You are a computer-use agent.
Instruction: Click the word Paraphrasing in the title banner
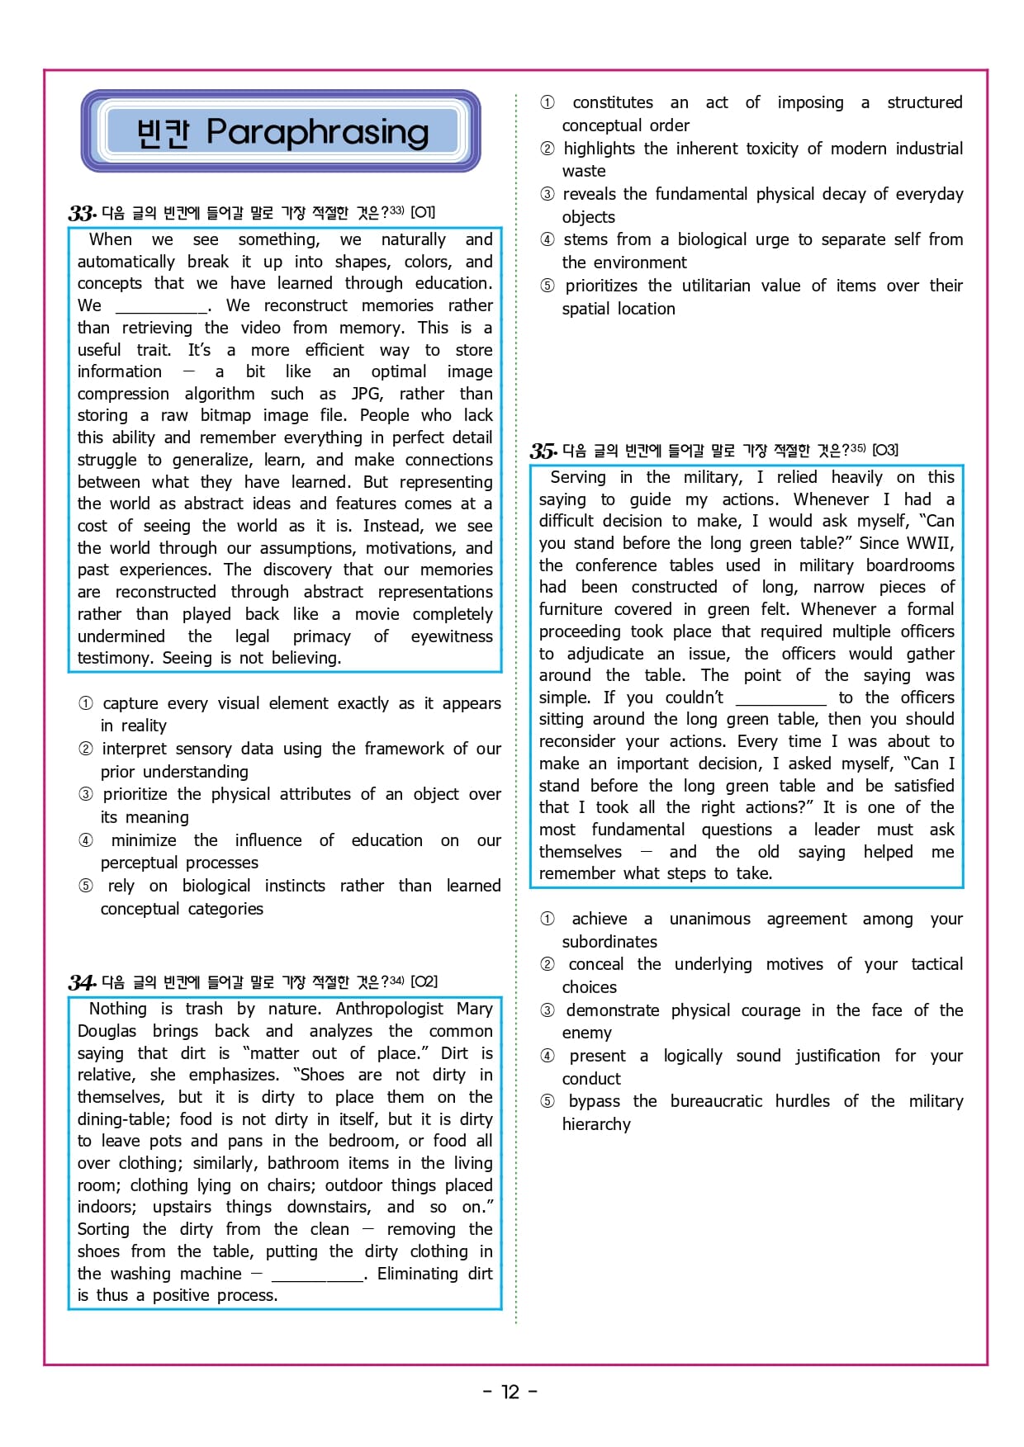click(x=317, y=132)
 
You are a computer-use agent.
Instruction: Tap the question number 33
click(x=81, y=213)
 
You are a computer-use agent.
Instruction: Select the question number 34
click(x=81, y=982)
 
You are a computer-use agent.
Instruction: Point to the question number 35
click(x=543, y=451)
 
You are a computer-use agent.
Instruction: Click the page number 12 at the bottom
click(x=510, y=1392)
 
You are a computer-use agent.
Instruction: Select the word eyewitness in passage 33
click(x=451, y=636)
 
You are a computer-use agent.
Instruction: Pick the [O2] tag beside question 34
click(x=424, y=981)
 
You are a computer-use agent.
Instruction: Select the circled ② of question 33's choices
click(x=86, y=749)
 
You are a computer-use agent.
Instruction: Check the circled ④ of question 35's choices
click(x=548, y=1056)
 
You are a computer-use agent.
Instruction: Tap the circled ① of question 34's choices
click(x=548, y=102)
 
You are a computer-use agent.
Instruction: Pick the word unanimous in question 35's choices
click(x=709, y=919)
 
